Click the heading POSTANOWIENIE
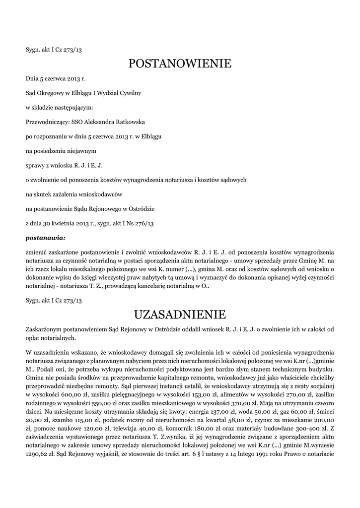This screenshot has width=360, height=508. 180,63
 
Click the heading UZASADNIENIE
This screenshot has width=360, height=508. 180,315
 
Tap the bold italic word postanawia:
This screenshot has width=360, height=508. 45,238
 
